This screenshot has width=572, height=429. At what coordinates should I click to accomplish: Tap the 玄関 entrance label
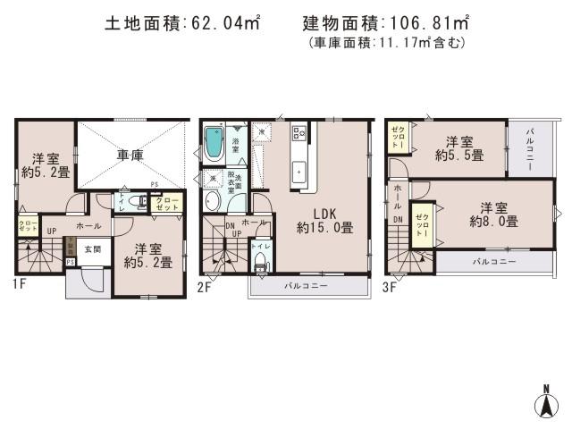point(94,249)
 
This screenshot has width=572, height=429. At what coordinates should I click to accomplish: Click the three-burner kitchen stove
point(299,135)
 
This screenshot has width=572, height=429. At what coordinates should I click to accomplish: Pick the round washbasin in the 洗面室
point(213,201)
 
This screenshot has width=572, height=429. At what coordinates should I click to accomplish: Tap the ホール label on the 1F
point(87,226)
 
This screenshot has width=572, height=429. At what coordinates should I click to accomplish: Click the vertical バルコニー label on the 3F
point(530,147)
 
